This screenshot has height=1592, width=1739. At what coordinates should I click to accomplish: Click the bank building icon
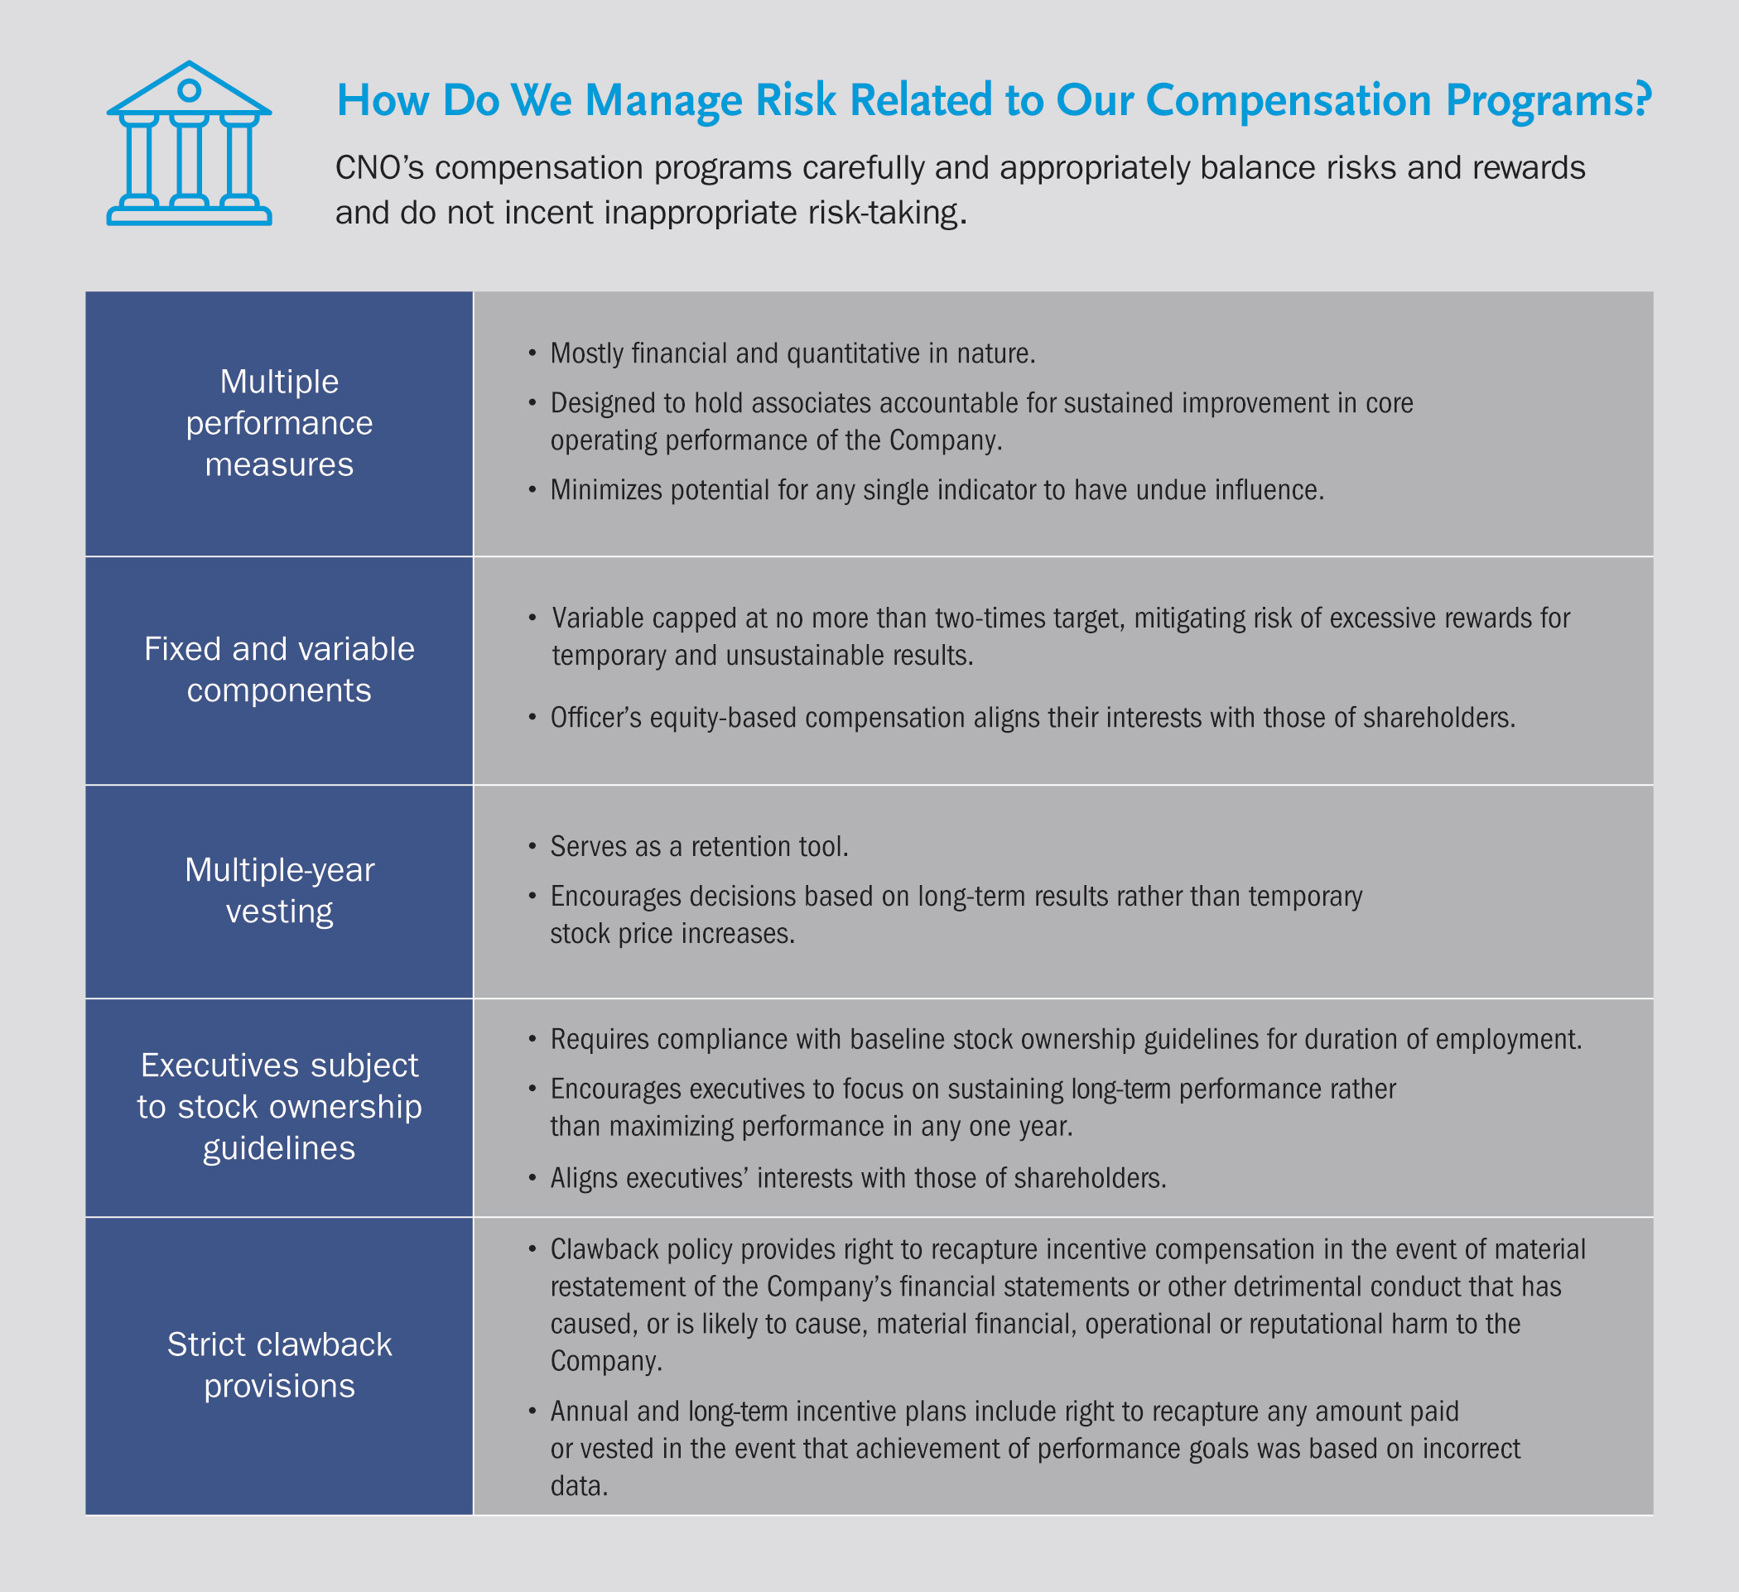click(x=189, y=143)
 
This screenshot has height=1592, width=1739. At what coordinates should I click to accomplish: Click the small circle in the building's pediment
click(x=189, y=89)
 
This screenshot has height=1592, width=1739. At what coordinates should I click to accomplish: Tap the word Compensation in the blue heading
click(x=1289, y=101)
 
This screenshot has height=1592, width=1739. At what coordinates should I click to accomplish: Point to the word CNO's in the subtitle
click(x=379, y=167)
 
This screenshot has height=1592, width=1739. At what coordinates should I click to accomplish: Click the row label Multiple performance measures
click(x=280, y=422)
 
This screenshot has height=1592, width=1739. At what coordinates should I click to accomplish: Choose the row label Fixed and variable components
click(x=280, y=669)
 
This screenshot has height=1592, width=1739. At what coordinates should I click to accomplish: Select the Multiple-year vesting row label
click(x=280, y=891)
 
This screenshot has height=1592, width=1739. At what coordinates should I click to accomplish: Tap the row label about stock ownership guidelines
click(x=280, y=1107)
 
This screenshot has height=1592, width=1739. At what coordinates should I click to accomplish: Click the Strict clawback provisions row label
click(x=280, y=1365)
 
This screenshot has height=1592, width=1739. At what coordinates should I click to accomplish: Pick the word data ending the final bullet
click(x=580, y=1486)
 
